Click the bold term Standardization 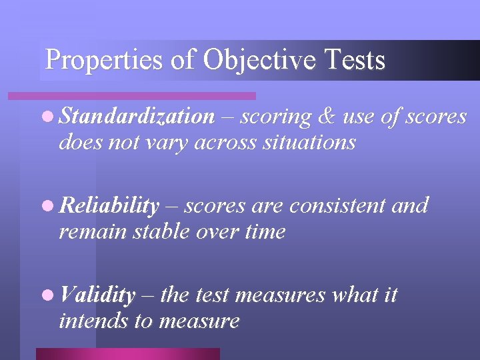coord(137,117)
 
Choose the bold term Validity coord(97,295)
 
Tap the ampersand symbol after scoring coord(327,117)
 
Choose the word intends coord(93,321)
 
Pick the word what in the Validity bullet coord(353,295)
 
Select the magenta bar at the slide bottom coord(127,354)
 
